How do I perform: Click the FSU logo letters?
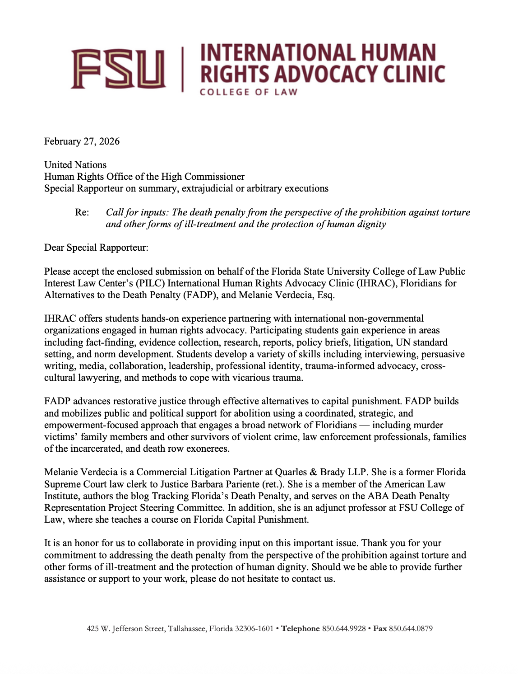pyautogui.click(x=118, y=69)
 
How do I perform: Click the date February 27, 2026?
pyautogui.click(x=82, y=141)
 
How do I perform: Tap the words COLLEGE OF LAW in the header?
pyautogui.click(x=249, y=92)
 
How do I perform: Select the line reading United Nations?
pyautogui.click(x=75, y=165)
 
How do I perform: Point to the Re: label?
pyautogui.click(x=82, y=212)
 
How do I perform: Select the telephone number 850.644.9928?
pyautogui.click(x=344, y=628)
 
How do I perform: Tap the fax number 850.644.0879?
pyautogui.click(x=411, y=628)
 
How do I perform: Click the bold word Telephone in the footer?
pyautogui.click(x=301, y=628)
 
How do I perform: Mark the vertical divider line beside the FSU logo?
pyautogui.click(x=183, y=69)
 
